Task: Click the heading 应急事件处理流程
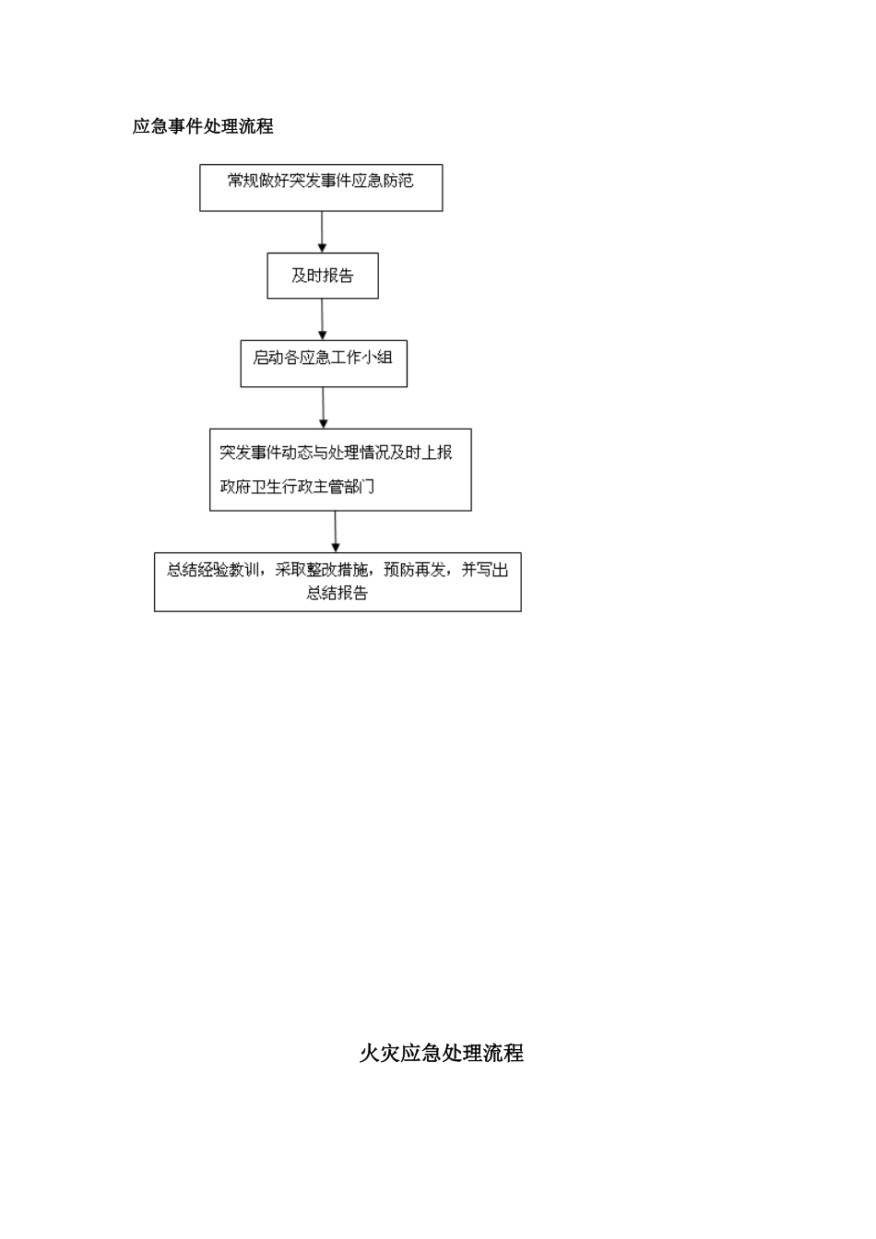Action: pos(203,127)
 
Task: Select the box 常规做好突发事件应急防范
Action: pos(321,188)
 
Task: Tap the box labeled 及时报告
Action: pos(323,276)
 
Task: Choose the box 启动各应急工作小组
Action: pos(323,364)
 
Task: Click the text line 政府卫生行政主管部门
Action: pos(297,487)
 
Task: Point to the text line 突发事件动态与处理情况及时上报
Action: pos(336,453)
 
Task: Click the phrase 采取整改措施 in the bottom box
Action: pos(320,570)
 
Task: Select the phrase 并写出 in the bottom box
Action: pos(485,570)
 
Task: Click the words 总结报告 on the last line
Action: pos(337,594)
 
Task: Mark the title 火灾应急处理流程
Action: pos(441,1053)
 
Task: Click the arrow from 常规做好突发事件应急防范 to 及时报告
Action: pos(322,231)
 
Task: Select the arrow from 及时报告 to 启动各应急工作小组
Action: pos(322,320)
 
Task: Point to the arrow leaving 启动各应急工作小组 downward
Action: pos(323,407)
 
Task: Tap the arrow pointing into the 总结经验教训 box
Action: pos(336,532)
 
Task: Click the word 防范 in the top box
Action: pos(398,181)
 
